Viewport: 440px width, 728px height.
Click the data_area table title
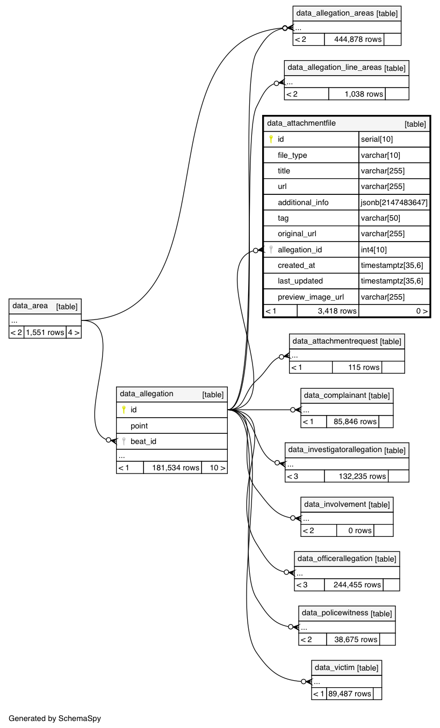click(x=31, y=306)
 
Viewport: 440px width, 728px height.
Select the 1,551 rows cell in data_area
click(x=45, y=332)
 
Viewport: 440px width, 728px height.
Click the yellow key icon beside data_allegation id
click(x=124, y=410)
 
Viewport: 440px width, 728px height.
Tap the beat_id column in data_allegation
click(x=143, y=441)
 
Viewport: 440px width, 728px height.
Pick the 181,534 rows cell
click(x=172, y=468)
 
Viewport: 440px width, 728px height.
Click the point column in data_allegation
click(x=139, y=426)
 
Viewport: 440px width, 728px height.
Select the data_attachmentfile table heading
click(x=301, y=123)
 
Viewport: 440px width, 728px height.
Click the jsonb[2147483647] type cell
click(x=394, y=202)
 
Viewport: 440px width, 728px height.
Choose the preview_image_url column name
click(x=311, y=297)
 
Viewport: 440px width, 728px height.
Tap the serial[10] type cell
click(x=377, y=139)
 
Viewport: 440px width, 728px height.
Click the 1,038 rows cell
click(x=357, y=94)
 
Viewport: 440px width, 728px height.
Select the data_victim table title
click(x=334, y=667)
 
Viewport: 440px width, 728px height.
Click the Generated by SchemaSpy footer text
click(x=55, y=718)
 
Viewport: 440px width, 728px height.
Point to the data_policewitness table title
click(x=335, y=613)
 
